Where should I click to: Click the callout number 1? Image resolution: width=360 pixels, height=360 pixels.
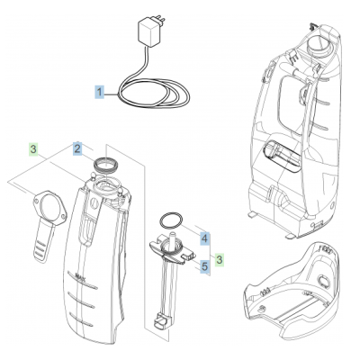100,92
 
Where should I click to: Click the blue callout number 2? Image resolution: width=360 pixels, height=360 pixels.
77,148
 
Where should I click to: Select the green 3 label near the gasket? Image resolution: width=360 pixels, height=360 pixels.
33,148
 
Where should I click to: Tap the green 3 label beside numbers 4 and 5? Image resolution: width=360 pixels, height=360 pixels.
220,259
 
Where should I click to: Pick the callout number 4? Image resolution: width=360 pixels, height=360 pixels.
204,238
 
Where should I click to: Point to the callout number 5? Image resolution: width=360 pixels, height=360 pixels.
204,266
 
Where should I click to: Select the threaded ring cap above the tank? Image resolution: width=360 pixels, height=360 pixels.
105,164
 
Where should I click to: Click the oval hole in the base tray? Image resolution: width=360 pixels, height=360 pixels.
323,281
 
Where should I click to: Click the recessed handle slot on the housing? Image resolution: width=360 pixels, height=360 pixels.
282,157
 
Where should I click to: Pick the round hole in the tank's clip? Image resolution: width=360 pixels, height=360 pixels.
94,203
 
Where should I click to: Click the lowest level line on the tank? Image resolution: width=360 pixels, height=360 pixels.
81,319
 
